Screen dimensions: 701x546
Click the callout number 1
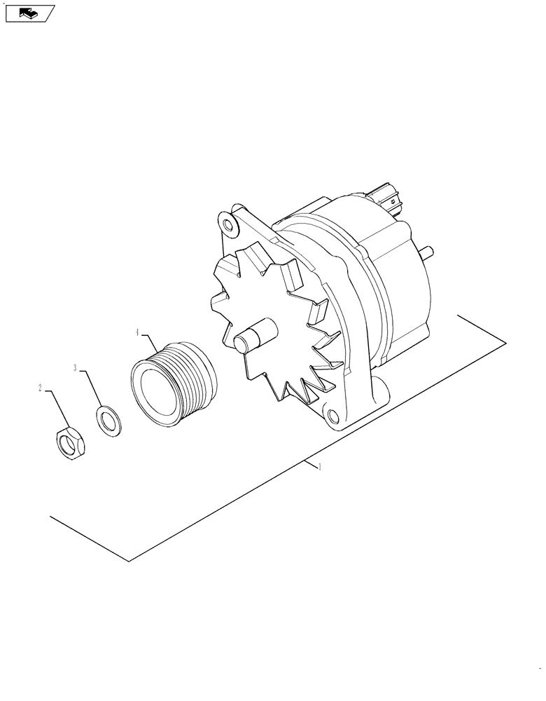[320, 467]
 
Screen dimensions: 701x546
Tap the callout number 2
[41, 388]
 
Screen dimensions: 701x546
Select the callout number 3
[76, 367]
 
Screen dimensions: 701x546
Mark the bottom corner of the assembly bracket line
[129, 562]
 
